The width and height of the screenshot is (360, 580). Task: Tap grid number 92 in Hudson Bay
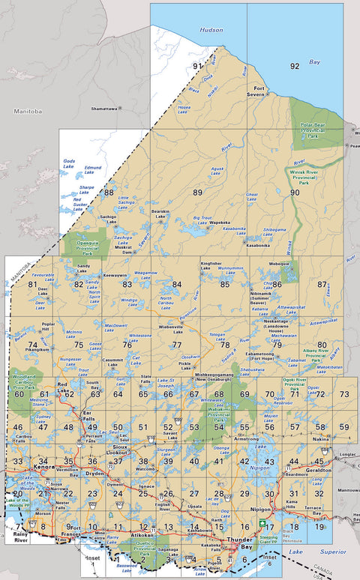point(295,66)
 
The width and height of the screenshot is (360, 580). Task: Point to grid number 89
point(198,193)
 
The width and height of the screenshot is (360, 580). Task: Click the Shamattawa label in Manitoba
point(104,108)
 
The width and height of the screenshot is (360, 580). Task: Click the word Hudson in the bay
point(211,30)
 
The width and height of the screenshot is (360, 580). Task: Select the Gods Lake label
point(70,163)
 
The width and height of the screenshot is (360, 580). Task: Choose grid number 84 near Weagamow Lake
point(177,284)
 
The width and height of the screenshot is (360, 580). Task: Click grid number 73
point(344,394)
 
